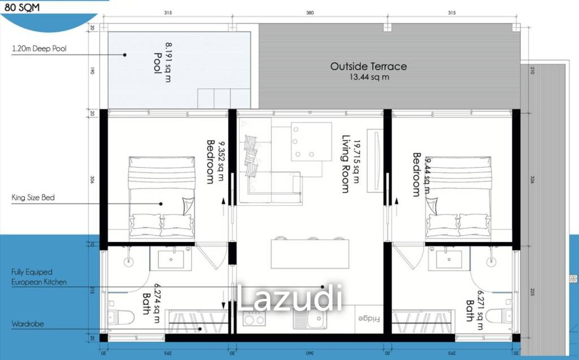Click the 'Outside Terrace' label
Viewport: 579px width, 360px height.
pyautogui.click(x=368, y=66)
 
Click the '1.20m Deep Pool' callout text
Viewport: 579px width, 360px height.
pyautogui.click(x=39, y=49)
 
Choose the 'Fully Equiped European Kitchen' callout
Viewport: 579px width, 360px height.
pyautogui.click(x=38, y=276)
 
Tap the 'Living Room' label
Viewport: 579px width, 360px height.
pyautogui.click(x=345, y=164)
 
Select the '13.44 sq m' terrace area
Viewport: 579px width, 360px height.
pyautogui.click(x=368, y=77)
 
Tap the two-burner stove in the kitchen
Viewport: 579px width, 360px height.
pyautogui.click(x=254, y=319)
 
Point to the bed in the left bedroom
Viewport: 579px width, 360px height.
pyautogui.click(x=161, y=198)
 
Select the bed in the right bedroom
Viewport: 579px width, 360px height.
pyautogui.click(x=458, y=198)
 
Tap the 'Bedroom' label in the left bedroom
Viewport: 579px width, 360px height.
pyautogui.click(x=210, y=162)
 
